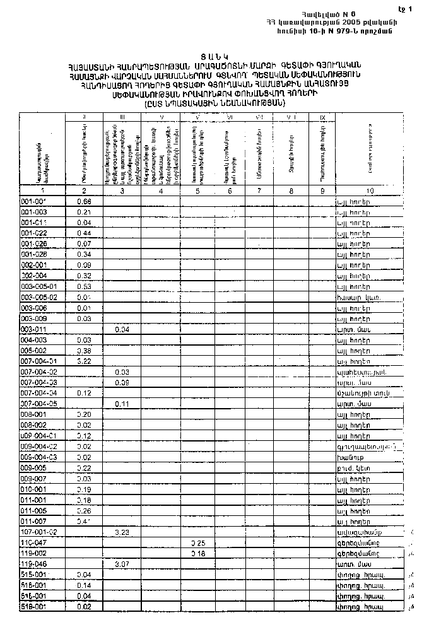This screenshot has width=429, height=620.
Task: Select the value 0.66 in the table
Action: pos(84,201)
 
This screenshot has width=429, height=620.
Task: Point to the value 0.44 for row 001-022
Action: pos(84,233)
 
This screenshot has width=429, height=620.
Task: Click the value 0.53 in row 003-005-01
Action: pos(84,286)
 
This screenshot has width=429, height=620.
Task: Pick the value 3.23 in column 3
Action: pos(122,532)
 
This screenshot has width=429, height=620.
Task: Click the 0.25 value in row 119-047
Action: pos(199,542)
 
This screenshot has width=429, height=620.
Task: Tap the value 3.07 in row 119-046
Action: pos(122,563)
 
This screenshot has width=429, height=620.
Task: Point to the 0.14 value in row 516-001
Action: pos(84,585)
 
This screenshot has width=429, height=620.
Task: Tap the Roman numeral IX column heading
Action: pos(322,117)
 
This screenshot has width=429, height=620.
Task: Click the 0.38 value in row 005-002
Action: pos(84,351)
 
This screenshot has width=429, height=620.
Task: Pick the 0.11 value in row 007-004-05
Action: pos(122,404)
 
